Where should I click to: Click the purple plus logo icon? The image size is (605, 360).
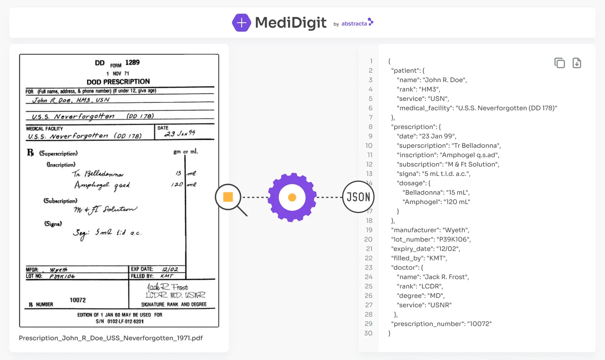pyautogui.click(x=241, y=23)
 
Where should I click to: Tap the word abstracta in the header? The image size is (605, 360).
pyautogui.click(x=354, y=24)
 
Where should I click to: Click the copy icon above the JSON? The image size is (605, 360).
pyautogui.click(x=559, y=63)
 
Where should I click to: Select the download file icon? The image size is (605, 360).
pyautogui.click(x=576, y=63)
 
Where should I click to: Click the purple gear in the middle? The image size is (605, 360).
pyautogui.click(x=292, y=197)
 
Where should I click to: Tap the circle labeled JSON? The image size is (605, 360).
pyautogui.click(x=358, y=197)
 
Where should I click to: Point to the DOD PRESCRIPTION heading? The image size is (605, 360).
pyautogui.click(x=118, y=82)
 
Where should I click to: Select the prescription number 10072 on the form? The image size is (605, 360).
pyautogui.click(x=78, y=300)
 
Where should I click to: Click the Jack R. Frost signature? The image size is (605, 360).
pyautogui.click(x=168, y=287)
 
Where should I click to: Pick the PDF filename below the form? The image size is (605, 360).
pyautogui.click(x=111, y=338)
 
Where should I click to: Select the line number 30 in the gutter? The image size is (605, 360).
pyautogui.click(x=368, y=333)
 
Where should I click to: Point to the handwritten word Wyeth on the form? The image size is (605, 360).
pyautogui.click(x=59, y=270)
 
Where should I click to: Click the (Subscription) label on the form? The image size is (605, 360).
pyautogui.click(x=60, y=201)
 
